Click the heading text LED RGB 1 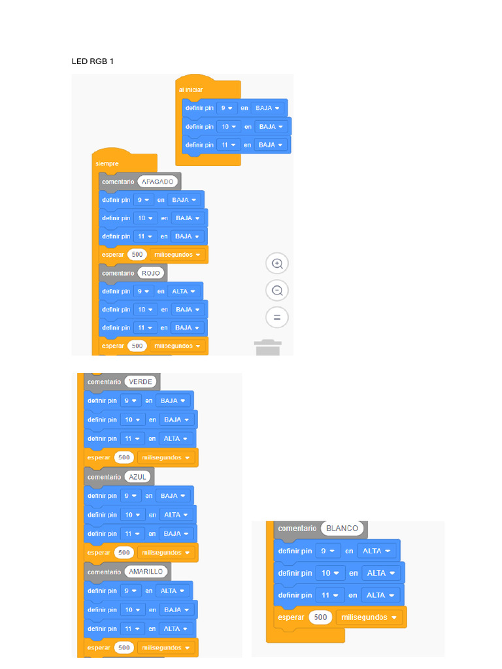tap(93, 61)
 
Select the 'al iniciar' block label tap(190, 90)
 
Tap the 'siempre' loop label tap(107, 164)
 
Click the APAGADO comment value tap(158, 182)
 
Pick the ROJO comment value tap(151, 273)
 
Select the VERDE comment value tap(141, 382)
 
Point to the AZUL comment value tap(137, 477)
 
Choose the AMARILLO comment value tap(146, 572)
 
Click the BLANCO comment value tap(343, 528)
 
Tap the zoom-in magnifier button tap(277, 264)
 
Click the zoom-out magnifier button tap(277, 291)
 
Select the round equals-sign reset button tap(277, 318)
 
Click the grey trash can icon tap(267, 348)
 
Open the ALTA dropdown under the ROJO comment tap(184, 291)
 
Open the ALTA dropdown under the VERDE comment tap(176, 438)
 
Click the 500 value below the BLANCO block tap(320, 617)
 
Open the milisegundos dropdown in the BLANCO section tap(369, 617)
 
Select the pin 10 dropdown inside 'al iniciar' tap(228, 127)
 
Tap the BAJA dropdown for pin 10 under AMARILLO tap(176, 610)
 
